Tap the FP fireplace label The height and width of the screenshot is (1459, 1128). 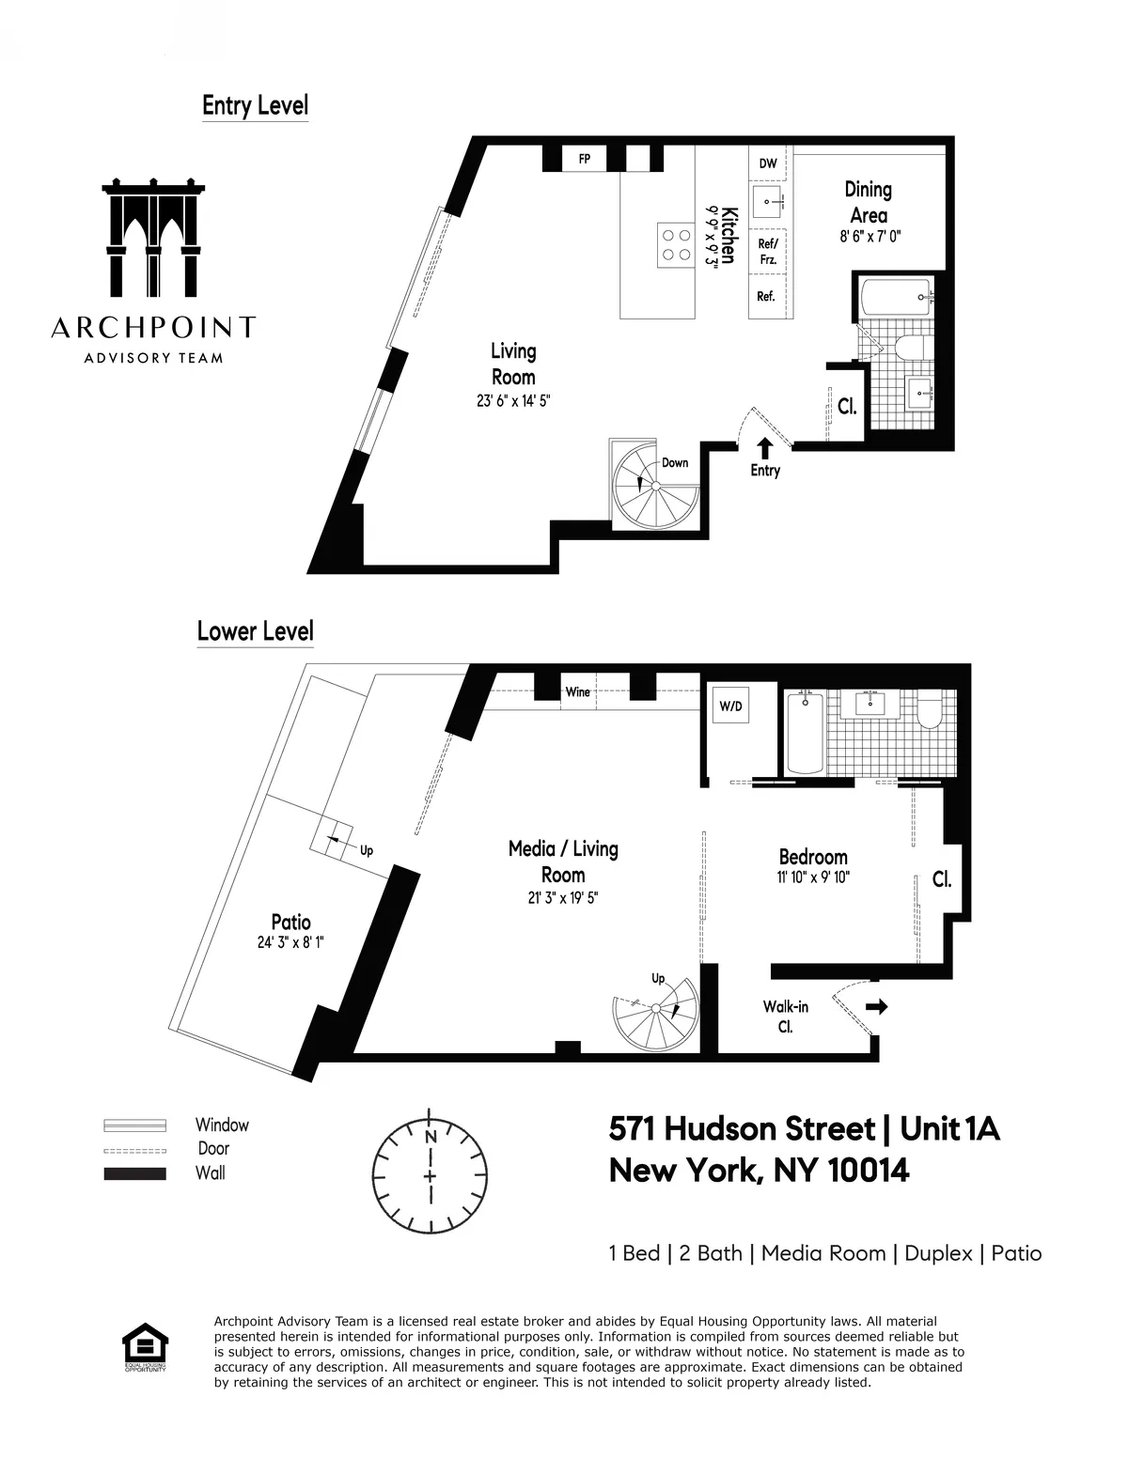coord(584,159)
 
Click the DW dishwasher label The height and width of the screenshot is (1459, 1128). coord(768,163)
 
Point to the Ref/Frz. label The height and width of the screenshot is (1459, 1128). coord(766,251)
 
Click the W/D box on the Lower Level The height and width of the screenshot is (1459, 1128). coord(730,705)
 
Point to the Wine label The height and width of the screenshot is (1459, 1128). coord(577,692)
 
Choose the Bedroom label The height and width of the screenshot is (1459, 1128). coord(813,857)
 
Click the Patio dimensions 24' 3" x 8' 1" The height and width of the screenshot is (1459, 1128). coord(290,942)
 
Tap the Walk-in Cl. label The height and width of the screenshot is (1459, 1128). coord(785,1017)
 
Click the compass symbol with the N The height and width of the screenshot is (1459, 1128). coord(431,1166)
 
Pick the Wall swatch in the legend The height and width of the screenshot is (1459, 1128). coord(134,1173)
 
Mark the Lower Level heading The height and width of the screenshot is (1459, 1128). coord(255,630)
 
